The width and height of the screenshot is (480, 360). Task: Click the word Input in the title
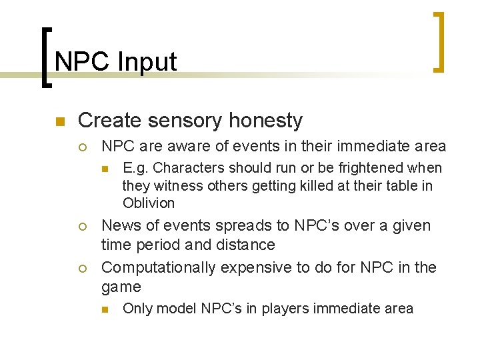[x=147, y=62]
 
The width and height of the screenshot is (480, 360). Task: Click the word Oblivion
[x=149, y=203]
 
